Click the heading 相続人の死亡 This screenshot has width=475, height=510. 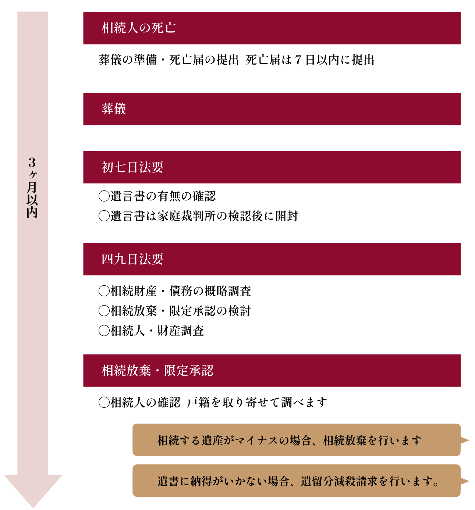(138, 28)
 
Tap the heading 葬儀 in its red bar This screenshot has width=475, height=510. (114, 109)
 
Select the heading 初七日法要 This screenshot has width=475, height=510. (132, 167)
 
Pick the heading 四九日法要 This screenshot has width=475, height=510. (132, 259)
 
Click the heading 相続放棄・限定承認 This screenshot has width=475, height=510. (157, 371)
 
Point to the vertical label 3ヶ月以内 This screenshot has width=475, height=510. (32, 188)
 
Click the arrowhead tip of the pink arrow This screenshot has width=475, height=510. (33, 507)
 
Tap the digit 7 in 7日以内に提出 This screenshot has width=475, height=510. (298, 60)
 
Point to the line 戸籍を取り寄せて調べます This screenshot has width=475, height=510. (257, 402)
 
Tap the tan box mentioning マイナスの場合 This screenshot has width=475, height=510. (296, 440)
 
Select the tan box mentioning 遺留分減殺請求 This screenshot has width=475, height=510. (296, 481)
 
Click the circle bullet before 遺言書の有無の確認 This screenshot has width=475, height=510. (104, 196)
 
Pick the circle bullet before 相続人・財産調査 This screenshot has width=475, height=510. (104, 331)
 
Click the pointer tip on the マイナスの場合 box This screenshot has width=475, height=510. (468, 440)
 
